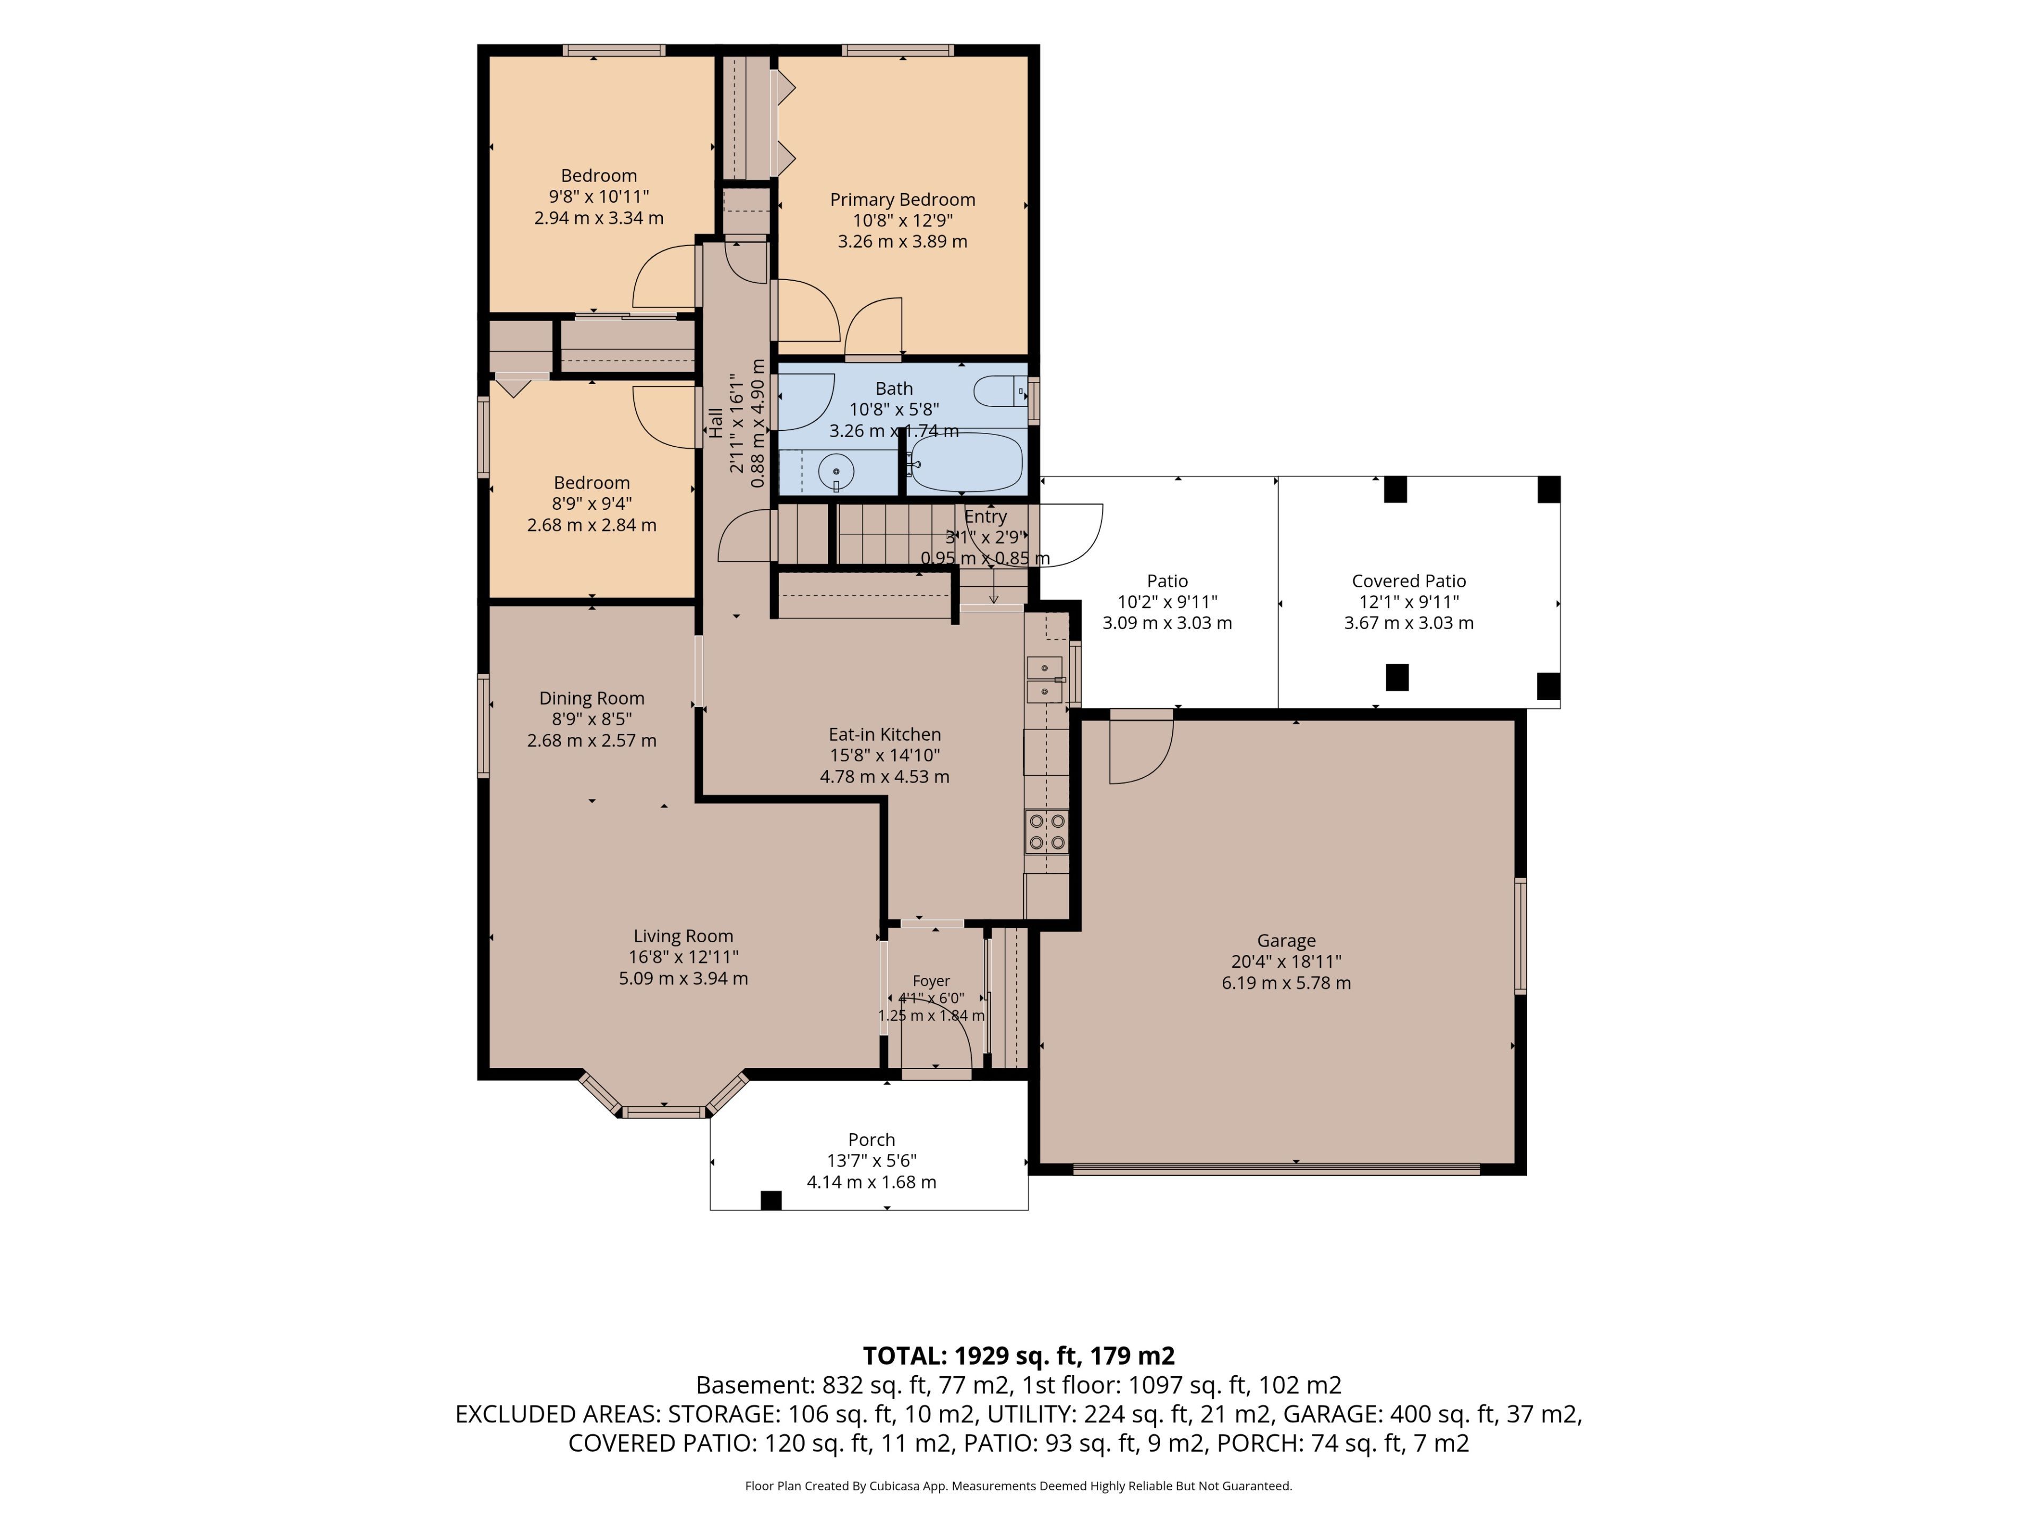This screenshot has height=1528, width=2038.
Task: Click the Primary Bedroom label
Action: pyautogui.click(x=902, y=200)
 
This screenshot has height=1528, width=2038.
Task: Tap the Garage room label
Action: pyautogui.click(x=1286, y=940)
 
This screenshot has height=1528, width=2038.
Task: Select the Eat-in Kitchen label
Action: pyautogui.click(x=885, y=734)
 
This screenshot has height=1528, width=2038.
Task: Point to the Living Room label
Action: pyautogui.click(x=683, y=936)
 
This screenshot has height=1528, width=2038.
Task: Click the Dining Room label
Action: pyautogui.click(x=592, y=698)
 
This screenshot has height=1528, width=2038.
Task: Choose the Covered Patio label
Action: pyautogui.click(x=1409, y=581)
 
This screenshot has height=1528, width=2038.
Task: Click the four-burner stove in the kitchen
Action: pyautogui.click(x=1047, y=832)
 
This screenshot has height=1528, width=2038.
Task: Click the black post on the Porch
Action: pyautogui.click(x=771, y=1200)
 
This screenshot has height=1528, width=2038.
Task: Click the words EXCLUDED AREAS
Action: pyautogui.click(x=557, y=1414)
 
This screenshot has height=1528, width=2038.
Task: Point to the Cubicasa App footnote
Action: pyautogui.click(x=1018, y=1486)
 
